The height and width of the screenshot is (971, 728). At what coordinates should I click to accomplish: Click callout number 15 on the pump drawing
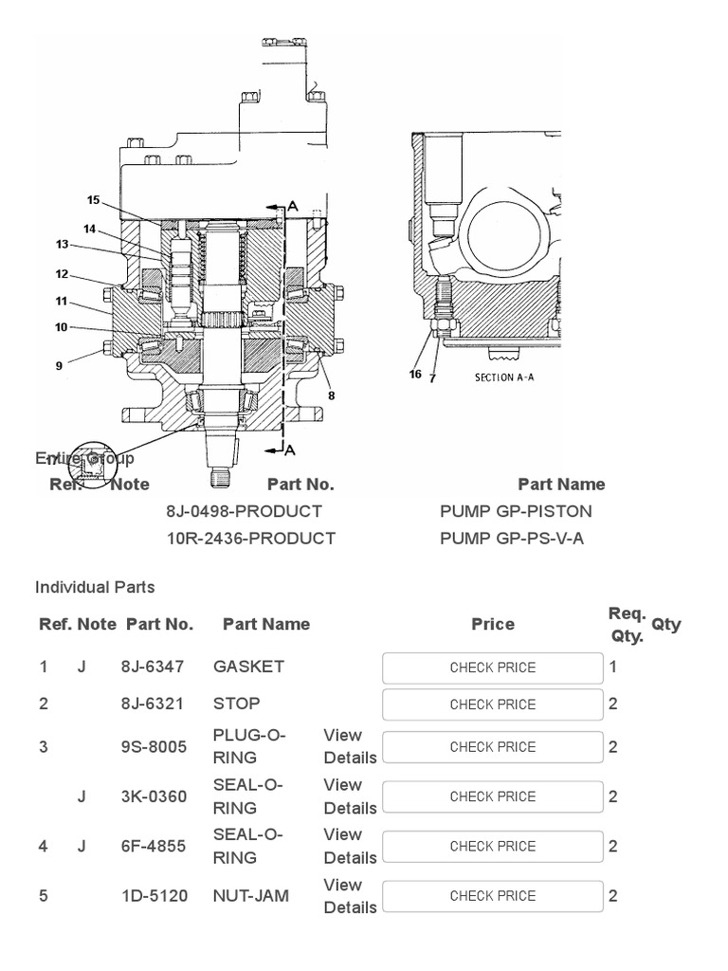93,200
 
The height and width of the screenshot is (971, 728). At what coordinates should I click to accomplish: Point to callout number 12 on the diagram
62,274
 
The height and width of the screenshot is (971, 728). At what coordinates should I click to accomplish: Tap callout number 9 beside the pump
59,365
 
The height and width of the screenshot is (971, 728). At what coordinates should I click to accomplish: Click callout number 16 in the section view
415,375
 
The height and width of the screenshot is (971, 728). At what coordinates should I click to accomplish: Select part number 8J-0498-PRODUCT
244,511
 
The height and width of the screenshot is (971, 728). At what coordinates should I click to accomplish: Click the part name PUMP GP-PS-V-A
512,538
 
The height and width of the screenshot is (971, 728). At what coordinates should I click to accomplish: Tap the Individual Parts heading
95,587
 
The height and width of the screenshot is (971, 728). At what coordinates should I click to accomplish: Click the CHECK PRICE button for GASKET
492,668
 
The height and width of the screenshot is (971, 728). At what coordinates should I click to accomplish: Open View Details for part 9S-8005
350,746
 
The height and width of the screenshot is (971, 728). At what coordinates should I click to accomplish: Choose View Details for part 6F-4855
350,846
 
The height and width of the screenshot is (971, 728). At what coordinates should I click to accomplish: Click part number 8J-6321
153,704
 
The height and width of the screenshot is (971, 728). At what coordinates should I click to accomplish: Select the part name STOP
236,704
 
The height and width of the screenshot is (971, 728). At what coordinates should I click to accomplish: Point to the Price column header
493,624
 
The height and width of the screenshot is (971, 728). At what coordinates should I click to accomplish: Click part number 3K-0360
153,797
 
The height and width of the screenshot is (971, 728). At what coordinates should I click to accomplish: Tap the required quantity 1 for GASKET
613,667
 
